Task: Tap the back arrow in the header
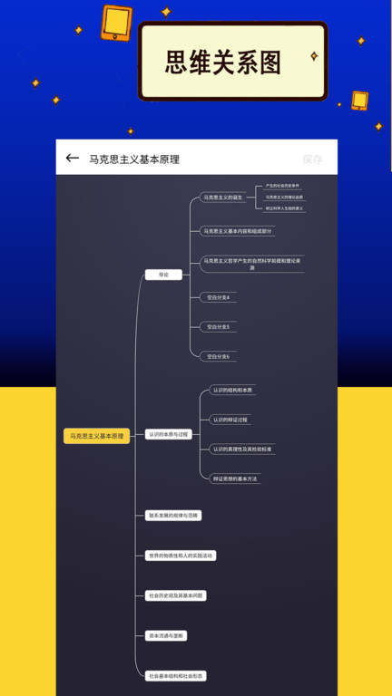[x=73, y=159]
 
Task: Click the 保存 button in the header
[x=312, y=159]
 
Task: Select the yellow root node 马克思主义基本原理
[x=96, y=436]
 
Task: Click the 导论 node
[x=163, y=274]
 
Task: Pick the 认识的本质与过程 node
[x=168, y=434]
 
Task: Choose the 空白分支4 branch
[x=218, y=296]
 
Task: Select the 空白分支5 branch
[x=218, y=326]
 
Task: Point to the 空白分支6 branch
[x=218, y=356]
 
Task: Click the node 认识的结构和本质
[x=232, y=390]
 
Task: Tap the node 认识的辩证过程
[x=230, y=420]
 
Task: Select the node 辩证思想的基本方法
[x=235, y=478]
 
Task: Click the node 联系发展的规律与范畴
[x=173, y=515]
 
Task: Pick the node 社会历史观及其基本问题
[x=176, y=595]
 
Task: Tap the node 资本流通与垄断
[x=166, y=635]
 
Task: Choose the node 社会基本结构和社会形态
[x=176, y=675]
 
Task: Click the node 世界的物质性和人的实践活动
[x=181, y=555]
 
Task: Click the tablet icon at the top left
[x=116, y=23]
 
